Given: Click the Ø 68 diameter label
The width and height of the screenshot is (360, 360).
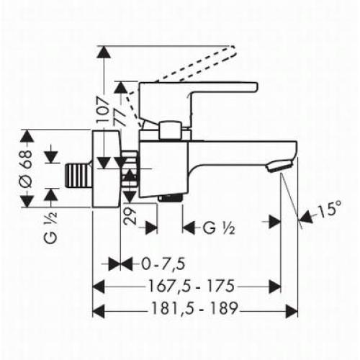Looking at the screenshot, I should click(x=27, y=171).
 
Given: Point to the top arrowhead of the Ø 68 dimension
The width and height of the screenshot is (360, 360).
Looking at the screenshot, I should click(x=27, y=136).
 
